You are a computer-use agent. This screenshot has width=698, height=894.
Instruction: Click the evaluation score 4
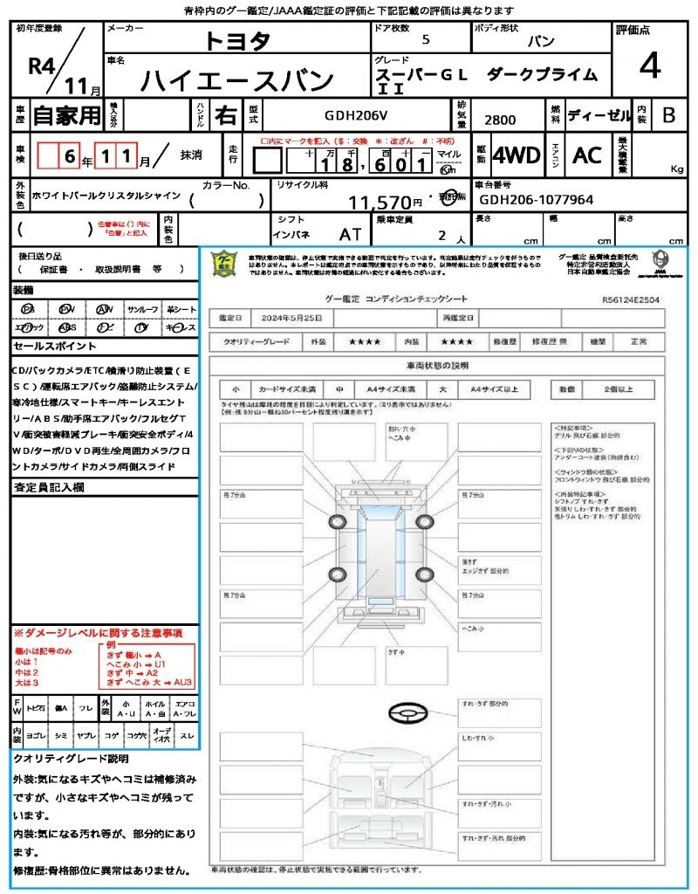coord(648,65)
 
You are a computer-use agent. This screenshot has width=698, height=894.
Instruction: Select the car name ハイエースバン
coord(237,80)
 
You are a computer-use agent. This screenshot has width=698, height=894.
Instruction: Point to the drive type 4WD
coord(517,155)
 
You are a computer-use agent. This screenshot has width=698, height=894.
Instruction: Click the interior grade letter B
coord(668,114)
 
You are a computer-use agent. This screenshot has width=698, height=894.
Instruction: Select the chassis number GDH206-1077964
coord(537,200)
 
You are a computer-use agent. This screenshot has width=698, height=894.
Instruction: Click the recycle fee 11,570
coord(386,203)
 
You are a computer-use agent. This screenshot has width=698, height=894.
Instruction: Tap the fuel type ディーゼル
coord(599,115)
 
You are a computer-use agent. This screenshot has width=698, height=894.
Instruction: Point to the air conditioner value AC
coord(587,155)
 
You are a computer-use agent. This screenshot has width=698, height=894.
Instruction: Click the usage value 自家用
coord(67,114)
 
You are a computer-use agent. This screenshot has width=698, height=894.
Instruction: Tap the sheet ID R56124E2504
coord(630,299)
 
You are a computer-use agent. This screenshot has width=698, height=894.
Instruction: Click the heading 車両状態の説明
coord(437,364)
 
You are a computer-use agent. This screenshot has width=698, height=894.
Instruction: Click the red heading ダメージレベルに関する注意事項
coord(98,632)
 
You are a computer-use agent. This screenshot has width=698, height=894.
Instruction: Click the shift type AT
coord(350,235)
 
